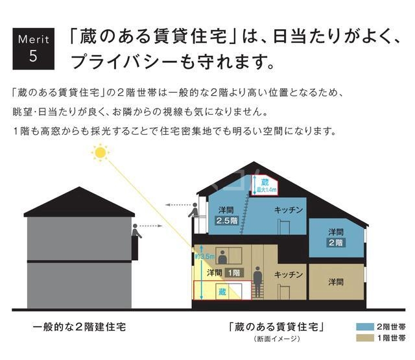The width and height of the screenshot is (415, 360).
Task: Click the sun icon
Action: (x=101, y=152)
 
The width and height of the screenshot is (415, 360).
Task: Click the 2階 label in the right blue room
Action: (x=335, y=242)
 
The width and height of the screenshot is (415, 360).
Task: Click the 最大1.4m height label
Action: (x=266, y=190)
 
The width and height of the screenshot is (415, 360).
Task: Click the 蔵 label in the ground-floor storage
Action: (x=222, y=293)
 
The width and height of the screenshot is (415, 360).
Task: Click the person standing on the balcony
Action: (x=193, y=211)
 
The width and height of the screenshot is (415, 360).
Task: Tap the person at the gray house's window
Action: (x=136, y=232)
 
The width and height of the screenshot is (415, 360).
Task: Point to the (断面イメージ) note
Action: (x=276, y=339)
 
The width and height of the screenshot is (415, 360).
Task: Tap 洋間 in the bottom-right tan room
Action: (x=335, y=282)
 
